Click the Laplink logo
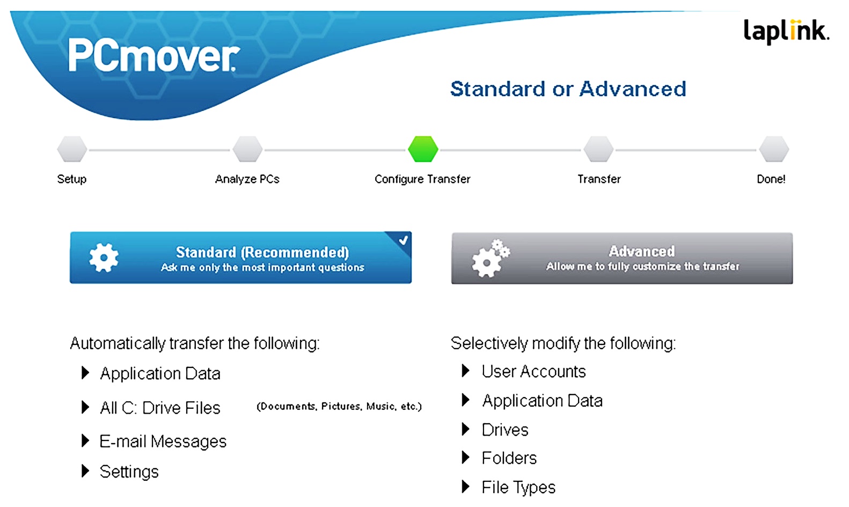(786, 32)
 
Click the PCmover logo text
(154, 56)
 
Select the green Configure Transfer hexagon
(423, 149)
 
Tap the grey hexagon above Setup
(72, 149)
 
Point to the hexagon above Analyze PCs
(247, 149)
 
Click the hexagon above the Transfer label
(598, 149)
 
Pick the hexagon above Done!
(774, 149)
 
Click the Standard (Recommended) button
(240, 258)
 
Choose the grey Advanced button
(622, 258)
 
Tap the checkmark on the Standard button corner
(403, 240)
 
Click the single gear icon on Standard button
(104, 258)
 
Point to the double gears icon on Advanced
(491, 259)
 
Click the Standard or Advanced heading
(568, 89)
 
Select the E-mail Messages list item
(163, 442)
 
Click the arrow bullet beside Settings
(85, 471)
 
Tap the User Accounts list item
(533, 371)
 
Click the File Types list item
(518, 487)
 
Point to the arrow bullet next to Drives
(466, 429)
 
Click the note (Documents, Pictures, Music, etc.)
(339, 407)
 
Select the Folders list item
(509, 458)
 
